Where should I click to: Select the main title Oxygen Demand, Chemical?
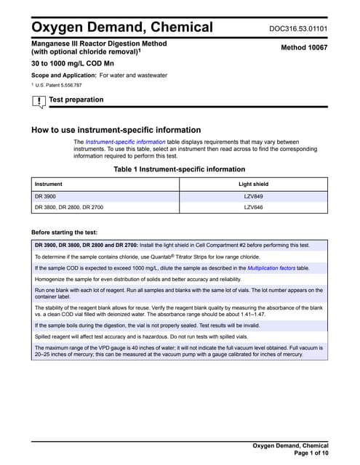coord(122,28)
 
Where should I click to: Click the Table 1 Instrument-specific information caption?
coord(180,169)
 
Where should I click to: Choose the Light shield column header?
coord(253,185)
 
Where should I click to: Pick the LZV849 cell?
coord(253,197)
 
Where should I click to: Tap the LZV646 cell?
coord(253,208)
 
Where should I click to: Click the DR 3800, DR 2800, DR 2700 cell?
coord(69,208)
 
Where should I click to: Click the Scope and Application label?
coord(63,76)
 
